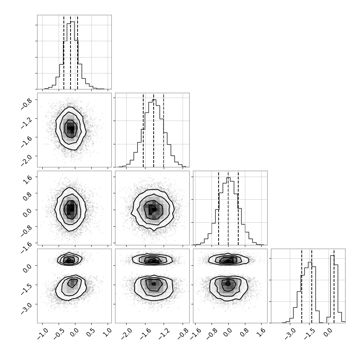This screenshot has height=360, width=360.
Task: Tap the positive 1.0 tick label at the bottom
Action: coord(108,332)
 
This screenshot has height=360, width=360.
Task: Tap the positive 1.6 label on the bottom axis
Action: coord(261,332)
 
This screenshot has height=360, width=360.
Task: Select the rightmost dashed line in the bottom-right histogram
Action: coord(334,286)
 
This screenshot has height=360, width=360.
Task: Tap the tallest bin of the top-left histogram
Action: coord(72,55)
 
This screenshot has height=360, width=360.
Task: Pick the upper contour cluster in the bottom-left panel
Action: coord(69,259)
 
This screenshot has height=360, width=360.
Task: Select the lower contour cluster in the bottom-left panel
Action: coord(71,288)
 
